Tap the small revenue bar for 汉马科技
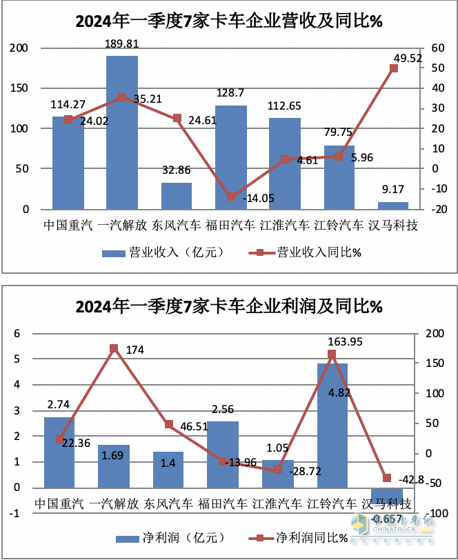392,205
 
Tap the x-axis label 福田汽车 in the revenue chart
230,225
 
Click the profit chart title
229,306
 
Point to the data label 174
135,350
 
